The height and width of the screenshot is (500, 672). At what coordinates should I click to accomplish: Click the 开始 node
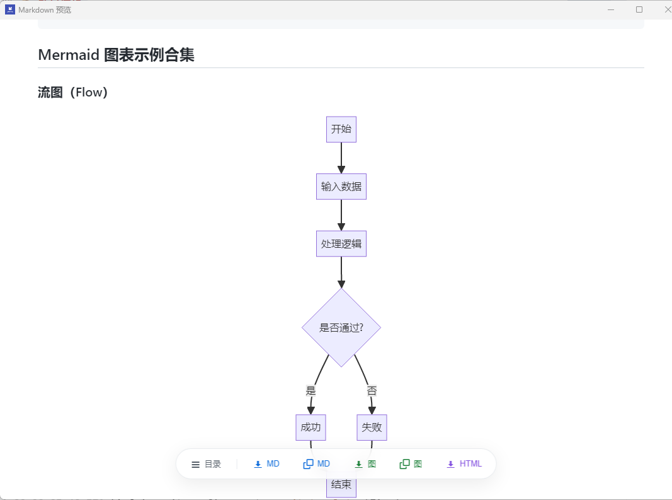(341, 129)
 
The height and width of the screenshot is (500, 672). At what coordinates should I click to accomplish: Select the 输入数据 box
(341, 187)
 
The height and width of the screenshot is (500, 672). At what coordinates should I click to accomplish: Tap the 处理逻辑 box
(341, 243)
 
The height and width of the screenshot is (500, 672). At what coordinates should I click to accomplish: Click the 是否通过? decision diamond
(341, 327)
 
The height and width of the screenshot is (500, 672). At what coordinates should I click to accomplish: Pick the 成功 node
(310, 427)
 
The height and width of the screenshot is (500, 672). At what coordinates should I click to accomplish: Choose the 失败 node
(372, 427)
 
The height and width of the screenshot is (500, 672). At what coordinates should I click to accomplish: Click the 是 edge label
(310, 390)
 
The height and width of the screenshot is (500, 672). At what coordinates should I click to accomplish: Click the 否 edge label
(372, 390)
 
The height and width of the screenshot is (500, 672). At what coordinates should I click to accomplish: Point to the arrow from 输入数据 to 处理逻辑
(341, 215)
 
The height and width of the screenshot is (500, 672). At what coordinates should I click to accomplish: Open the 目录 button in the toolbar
(207, 464)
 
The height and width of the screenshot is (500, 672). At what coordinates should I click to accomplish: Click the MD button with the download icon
(266, 464)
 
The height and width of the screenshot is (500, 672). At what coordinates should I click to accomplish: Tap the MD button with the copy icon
(317, 464)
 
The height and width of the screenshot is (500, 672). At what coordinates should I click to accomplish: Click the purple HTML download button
(464, 464)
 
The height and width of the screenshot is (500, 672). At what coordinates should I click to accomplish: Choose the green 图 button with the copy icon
(411, 464)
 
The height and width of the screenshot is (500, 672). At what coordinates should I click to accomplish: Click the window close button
(668, 9)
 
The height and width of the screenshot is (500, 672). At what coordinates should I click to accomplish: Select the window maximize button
(639, 9)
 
